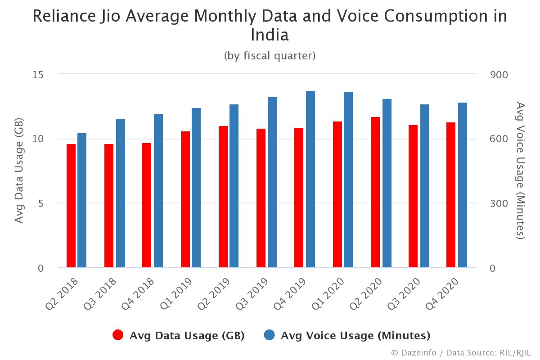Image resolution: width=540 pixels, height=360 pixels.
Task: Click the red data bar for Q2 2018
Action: point(71,206)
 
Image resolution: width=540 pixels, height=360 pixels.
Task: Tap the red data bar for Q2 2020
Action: point(375,192)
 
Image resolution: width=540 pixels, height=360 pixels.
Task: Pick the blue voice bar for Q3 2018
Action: point(121,193)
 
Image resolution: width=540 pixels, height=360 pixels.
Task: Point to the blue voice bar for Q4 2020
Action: point(462,185)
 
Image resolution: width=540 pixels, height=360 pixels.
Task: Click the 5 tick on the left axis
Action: point(40,203)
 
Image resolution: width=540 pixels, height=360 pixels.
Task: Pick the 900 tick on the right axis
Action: point(499,74)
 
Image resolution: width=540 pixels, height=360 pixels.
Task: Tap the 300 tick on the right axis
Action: point(499,203)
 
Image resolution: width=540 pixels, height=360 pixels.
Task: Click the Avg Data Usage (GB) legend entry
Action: point(187,335)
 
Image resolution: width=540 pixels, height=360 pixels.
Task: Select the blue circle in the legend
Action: point(269,335)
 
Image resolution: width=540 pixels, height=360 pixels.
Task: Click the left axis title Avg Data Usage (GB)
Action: point(19,171)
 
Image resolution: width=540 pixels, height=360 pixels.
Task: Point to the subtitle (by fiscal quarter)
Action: point(270,56)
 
